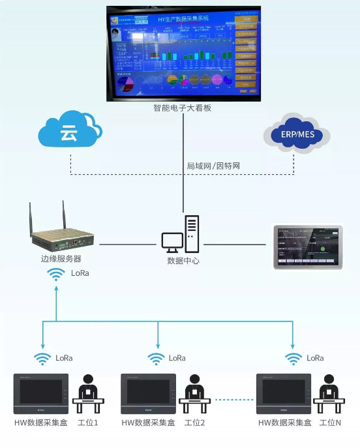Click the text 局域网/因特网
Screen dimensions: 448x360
(213, 166)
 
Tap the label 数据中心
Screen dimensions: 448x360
(183, 261)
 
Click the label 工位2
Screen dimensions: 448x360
(194, 423)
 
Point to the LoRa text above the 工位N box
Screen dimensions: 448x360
(315, 358)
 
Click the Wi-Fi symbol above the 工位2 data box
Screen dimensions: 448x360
(157, 358)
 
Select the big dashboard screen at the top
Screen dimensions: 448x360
(183, 53)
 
